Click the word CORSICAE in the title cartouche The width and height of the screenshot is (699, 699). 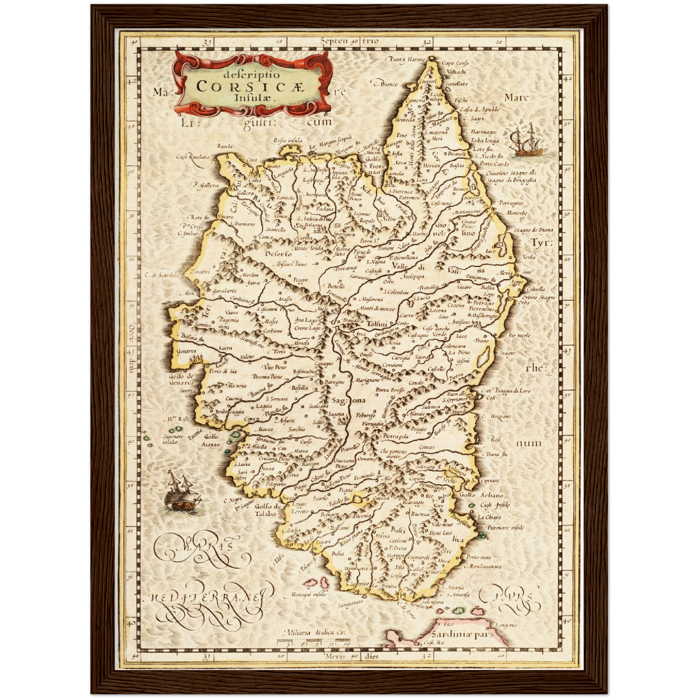(250, 87)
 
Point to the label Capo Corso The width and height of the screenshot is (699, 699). (455, 63)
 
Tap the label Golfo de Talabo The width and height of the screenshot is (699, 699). (267, 510)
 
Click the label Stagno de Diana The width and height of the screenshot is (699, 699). (533, 230)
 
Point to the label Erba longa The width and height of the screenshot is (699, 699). (485, 141)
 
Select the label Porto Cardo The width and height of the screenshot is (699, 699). (494, 164)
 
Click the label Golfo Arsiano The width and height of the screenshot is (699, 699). (481, 495)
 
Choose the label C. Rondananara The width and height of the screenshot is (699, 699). (483, 566)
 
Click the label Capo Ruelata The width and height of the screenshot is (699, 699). (193, 157)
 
